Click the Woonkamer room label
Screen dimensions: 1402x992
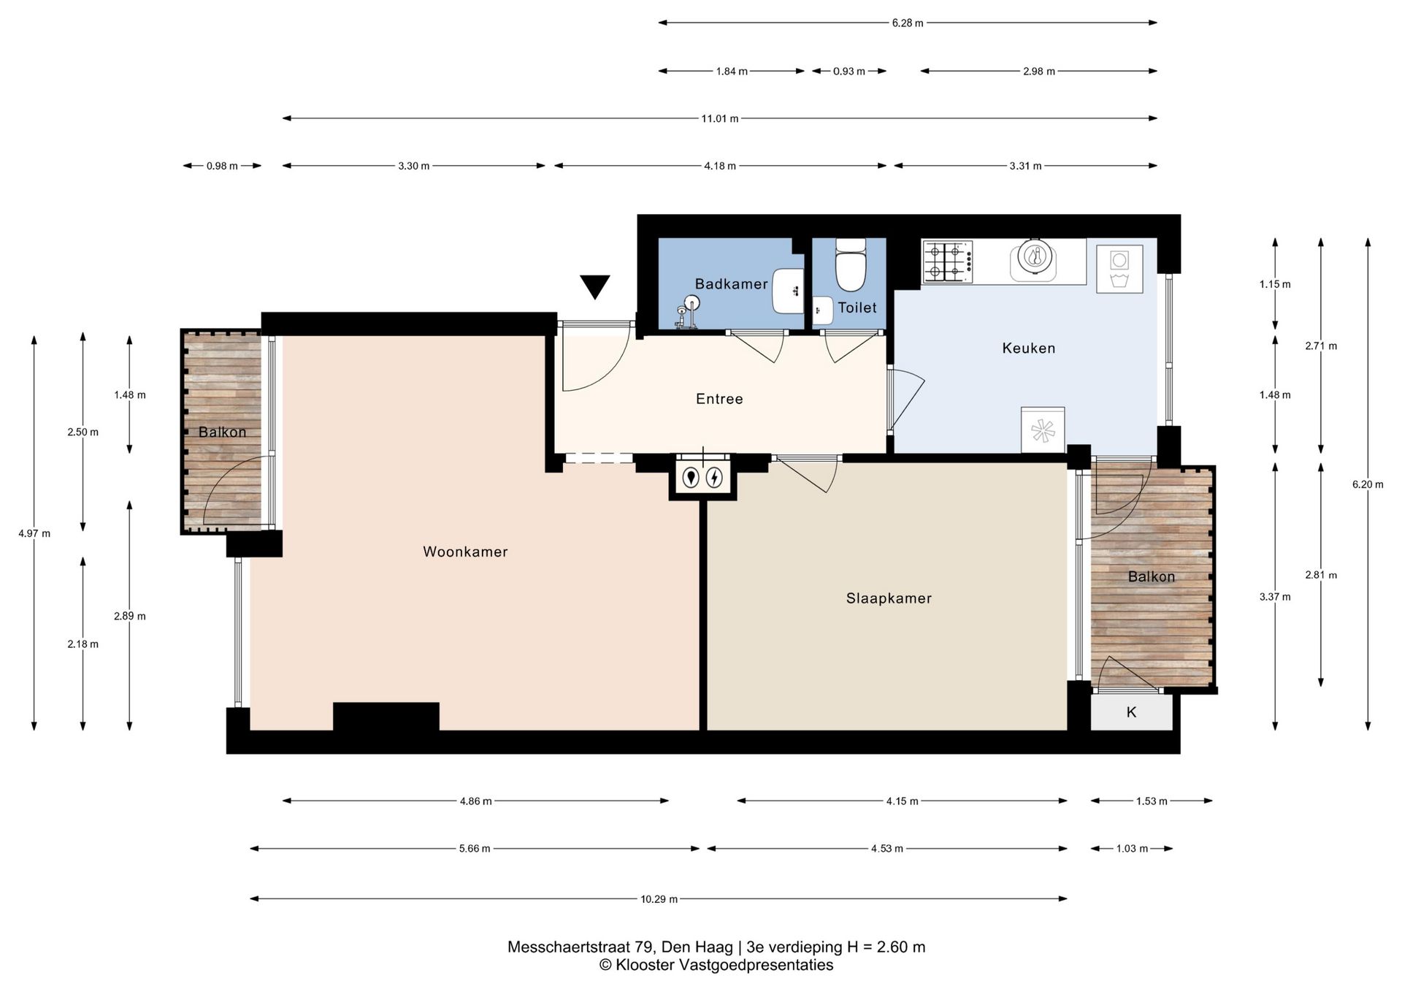click(465, 552)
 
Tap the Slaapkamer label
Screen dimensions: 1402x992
click(889, 598)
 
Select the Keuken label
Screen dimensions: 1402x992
click(1028, 348)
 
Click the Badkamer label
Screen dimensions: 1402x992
click(731, 284)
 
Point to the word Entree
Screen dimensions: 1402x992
click(719, 399)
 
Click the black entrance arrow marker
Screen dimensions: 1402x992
click(595, 286)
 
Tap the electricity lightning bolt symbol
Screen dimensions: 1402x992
click(714, 478)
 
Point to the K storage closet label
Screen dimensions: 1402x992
click(1131, 711)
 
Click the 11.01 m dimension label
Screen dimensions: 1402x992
click(720, 118)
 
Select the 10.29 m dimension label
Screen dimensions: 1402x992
click(659, 899)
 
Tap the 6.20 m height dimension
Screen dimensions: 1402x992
click(1368, 484)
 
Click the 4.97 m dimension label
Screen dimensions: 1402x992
click(34, 533)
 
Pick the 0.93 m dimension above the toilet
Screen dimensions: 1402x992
click(849, 72)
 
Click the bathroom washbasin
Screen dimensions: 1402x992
click(788, 291)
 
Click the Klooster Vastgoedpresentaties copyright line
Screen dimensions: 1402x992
click(716, 966)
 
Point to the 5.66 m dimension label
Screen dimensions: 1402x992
click(475, 849)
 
